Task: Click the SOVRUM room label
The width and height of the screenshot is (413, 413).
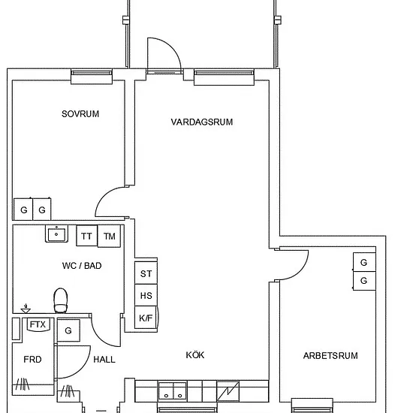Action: click(x=80, y=114)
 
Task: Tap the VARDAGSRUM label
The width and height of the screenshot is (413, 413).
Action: click(x=202, y=122)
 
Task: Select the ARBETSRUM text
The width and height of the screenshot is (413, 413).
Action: click(x=330, y=356)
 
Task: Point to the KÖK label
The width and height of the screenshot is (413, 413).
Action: click(x=195, y=354)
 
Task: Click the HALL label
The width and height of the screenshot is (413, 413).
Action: click(x=104, y=360)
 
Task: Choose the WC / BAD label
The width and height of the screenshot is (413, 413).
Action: click(x=82, y=266)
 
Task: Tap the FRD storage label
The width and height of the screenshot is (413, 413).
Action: click(x=32, y=359)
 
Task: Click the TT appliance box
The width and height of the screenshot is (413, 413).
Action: click(x=86, y=236)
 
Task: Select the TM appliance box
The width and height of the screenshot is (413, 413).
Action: click(x=110, y=236)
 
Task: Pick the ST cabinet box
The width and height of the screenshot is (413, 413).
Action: click(x=146, y=273)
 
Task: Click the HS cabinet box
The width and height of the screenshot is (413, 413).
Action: click(x=146, y=295)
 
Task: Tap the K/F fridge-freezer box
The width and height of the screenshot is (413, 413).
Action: click(x=146, y=318)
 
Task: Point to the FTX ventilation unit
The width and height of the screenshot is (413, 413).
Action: click(x=38, y=324)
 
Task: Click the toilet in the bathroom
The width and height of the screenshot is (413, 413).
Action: click(x=61, y=300)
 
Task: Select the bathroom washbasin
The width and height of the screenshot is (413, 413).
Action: click(x=56, y=234)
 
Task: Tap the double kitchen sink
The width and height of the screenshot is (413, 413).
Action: click(x=173, y=391)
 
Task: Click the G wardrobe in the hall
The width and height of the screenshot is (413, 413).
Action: click(x=68, y=330)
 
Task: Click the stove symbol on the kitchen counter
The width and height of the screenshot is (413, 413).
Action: click(x=228, y=391)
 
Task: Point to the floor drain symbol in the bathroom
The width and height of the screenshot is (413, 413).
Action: click(x=26, y=309)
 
